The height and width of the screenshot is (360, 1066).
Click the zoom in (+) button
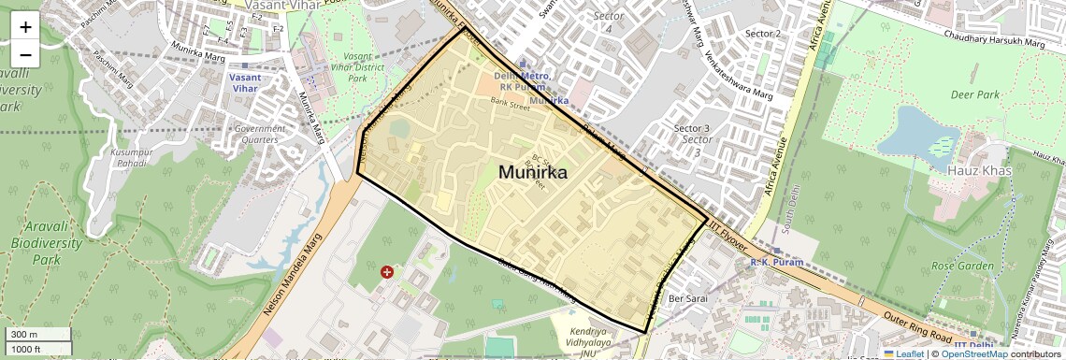[x=25, y=26]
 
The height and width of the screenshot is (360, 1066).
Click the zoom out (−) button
[x=25, y=54]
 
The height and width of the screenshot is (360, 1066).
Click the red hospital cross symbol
[x=387, y=272]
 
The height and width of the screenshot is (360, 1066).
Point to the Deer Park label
[x=975, y=94]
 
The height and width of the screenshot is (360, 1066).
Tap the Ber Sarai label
[x=687, y=298]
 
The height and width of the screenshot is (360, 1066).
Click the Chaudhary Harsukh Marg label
[x=994, y=41]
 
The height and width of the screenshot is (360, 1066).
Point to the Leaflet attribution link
[x=902, y=353]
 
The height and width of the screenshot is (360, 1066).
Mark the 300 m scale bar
[x=37, y=334]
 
